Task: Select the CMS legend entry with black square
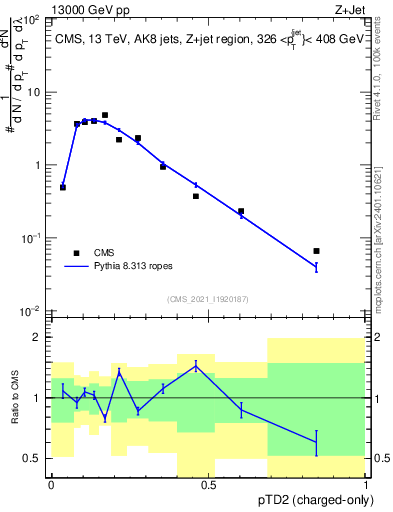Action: pyautogui.click(x=90, y=253)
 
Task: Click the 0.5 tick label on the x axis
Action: pyautogui.click(x=209, y=484)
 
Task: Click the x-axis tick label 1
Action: pyautogui.click(x=367, y=484)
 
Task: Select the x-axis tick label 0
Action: pyautogui.click(x=51, y=484)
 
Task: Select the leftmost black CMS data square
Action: pyautogui.click(x=63, y=187)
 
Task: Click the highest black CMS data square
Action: pyautogui.click(x=105, y=115)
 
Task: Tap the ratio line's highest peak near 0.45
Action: pyautogui.click(x=196, y=365)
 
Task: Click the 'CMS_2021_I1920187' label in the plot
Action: pyautogui.click(x=207, y=299)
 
